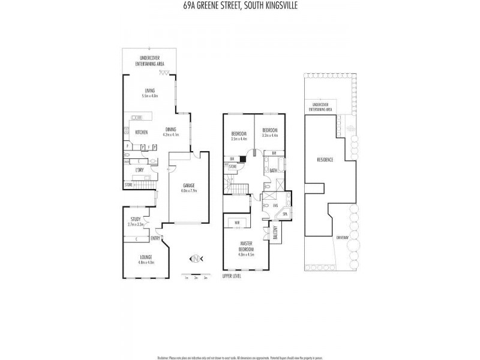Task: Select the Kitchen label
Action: (142, 133)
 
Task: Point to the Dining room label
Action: (171, 130)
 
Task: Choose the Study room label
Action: (136, 220)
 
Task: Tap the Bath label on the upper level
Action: (274, 171)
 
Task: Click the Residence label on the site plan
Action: (325, 160)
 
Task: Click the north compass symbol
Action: (196, 259)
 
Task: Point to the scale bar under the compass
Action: (196, 276)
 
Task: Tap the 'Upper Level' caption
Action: (231, 277)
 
